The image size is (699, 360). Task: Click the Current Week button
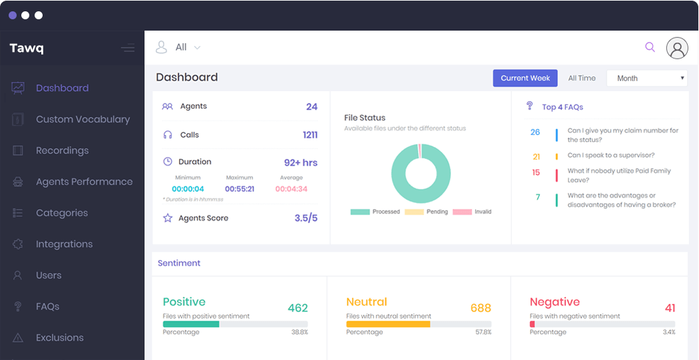click(525, 78)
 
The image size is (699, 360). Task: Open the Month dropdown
click(646, 78)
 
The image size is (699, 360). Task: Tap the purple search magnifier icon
click(650, 47)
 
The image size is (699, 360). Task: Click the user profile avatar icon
click(677, 48)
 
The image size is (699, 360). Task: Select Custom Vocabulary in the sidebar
click(83, 119)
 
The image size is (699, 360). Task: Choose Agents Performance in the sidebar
click(84, 182)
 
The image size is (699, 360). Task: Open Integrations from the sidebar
click(64, 244)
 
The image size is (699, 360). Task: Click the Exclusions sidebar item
click(59, 337)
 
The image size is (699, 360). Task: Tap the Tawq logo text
click(27, 48)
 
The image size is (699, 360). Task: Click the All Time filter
click(582, 78)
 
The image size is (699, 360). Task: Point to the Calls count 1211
click(310, 135)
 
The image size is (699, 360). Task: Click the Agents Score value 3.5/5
click(306, 218)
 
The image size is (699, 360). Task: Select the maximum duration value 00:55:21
click(239, 189)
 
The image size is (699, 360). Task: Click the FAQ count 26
click(535, 132)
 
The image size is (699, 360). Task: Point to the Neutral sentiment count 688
click(480, 308)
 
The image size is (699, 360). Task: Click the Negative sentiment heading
click(555, 301)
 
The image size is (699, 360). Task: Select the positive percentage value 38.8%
click(300, 332)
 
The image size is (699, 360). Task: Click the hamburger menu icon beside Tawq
click(127, 48)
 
